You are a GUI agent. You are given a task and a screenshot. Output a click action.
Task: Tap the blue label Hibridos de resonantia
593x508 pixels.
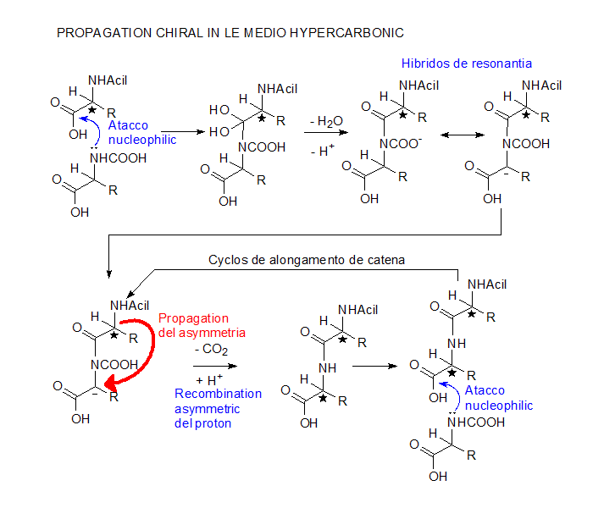[x=467, y=63]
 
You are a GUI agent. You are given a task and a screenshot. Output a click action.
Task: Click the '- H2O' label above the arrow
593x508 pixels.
[x=326, y=122]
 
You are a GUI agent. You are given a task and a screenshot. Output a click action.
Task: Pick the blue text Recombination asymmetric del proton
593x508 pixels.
[x=218, y=408]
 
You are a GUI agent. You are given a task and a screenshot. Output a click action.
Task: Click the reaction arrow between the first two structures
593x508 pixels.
[x=188, y=132]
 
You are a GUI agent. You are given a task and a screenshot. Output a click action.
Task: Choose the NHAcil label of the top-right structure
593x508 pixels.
[x=542, y=86]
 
